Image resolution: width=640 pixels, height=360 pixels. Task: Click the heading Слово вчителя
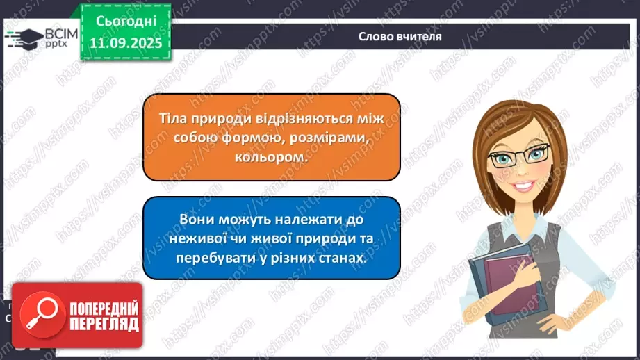pyautogui.click(x=400, y=36)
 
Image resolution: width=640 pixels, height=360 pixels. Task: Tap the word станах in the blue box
pyautogui.click(x=340, y=258)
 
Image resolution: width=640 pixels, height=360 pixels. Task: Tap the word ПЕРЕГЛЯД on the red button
pyautogui.click(x=104, y=324)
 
